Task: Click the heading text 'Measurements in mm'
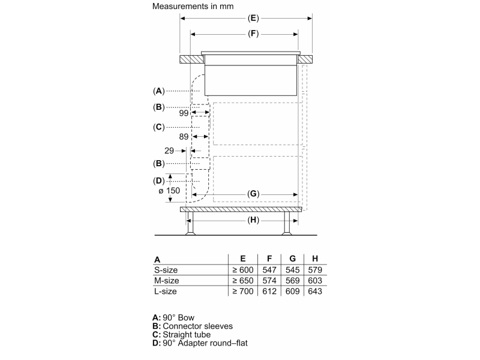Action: pos(193,7)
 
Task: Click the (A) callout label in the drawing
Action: pos(158,91)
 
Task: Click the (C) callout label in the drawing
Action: pos(158,127)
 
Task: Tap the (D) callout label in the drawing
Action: pos(158,181)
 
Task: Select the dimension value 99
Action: pos(184,112)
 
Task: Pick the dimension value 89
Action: pos(184,137)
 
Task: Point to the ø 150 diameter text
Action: pos(169,190)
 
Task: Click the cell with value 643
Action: pos(314,291)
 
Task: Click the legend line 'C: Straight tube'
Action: pos(184,335)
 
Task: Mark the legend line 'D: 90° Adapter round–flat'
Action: pos(200,343)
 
